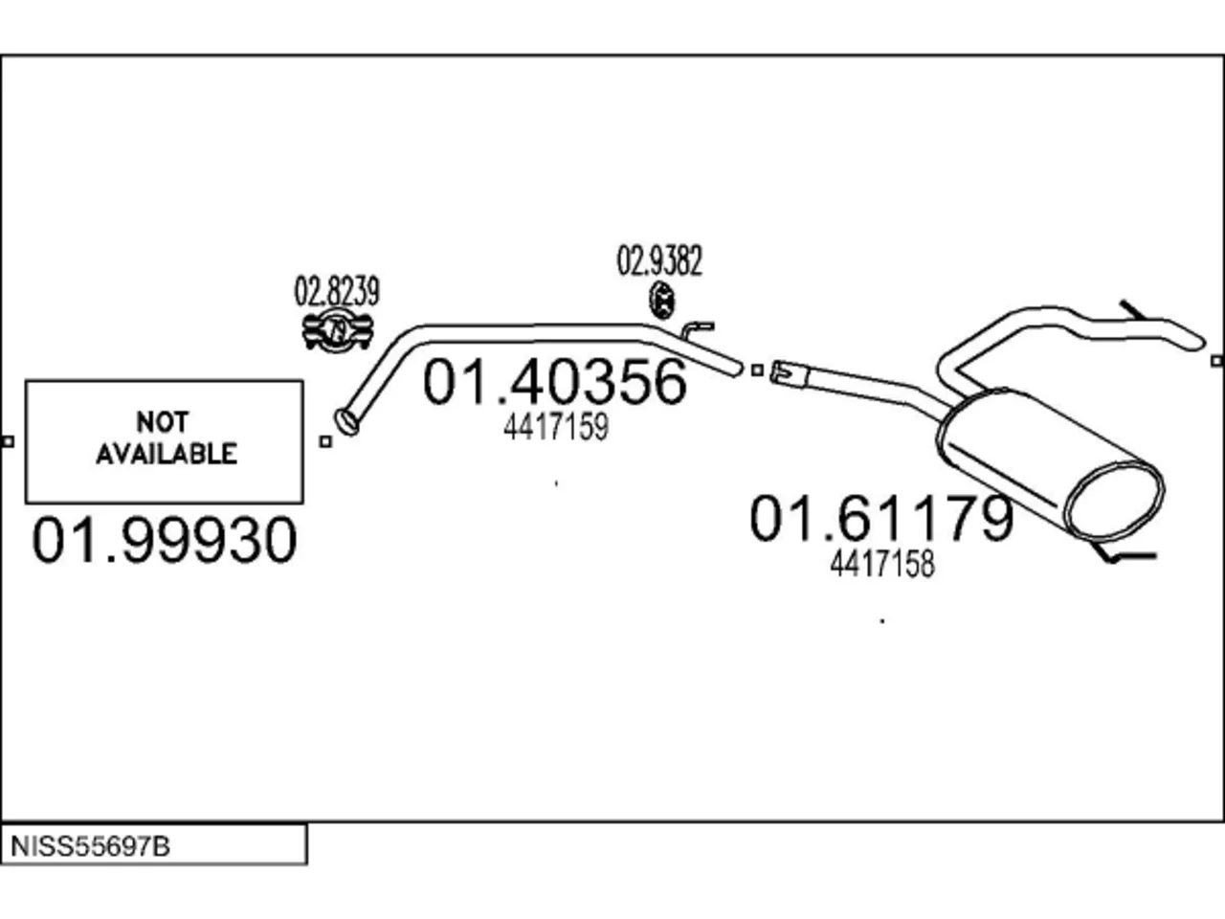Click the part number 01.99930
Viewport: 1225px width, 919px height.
click(165, 540)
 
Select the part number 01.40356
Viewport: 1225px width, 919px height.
click(555, 382)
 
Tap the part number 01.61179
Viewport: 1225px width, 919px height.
click(881, 518)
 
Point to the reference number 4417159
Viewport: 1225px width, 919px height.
click(556, 427)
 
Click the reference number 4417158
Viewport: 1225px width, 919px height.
click(882, 564)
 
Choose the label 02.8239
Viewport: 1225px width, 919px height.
click(337, 291)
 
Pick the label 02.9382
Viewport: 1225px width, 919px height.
click(659, 261)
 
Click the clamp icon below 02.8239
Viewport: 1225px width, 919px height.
click(338, 331)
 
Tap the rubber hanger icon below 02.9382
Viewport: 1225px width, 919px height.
click(662, 301)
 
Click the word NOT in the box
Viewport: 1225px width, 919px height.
click(163, 422)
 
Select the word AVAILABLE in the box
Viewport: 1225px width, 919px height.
click(167, 454)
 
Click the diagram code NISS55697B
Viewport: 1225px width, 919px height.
click(90, 846)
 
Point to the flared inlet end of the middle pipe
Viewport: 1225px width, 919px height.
click(347, 422)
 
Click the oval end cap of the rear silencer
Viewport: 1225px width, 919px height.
click(1115, 503)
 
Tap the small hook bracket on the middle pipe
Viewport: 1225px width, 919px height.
click(697, 330)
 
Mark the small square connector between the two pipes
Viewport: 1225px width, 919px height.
click(757, 370)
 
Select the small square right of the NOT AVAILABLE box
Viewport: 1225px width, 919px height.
click(325, 442)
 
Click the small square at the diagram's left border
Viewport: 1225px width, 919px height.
click(8, 442)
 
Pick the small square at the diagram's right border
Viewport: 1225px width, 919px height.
click(1217, 362)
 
